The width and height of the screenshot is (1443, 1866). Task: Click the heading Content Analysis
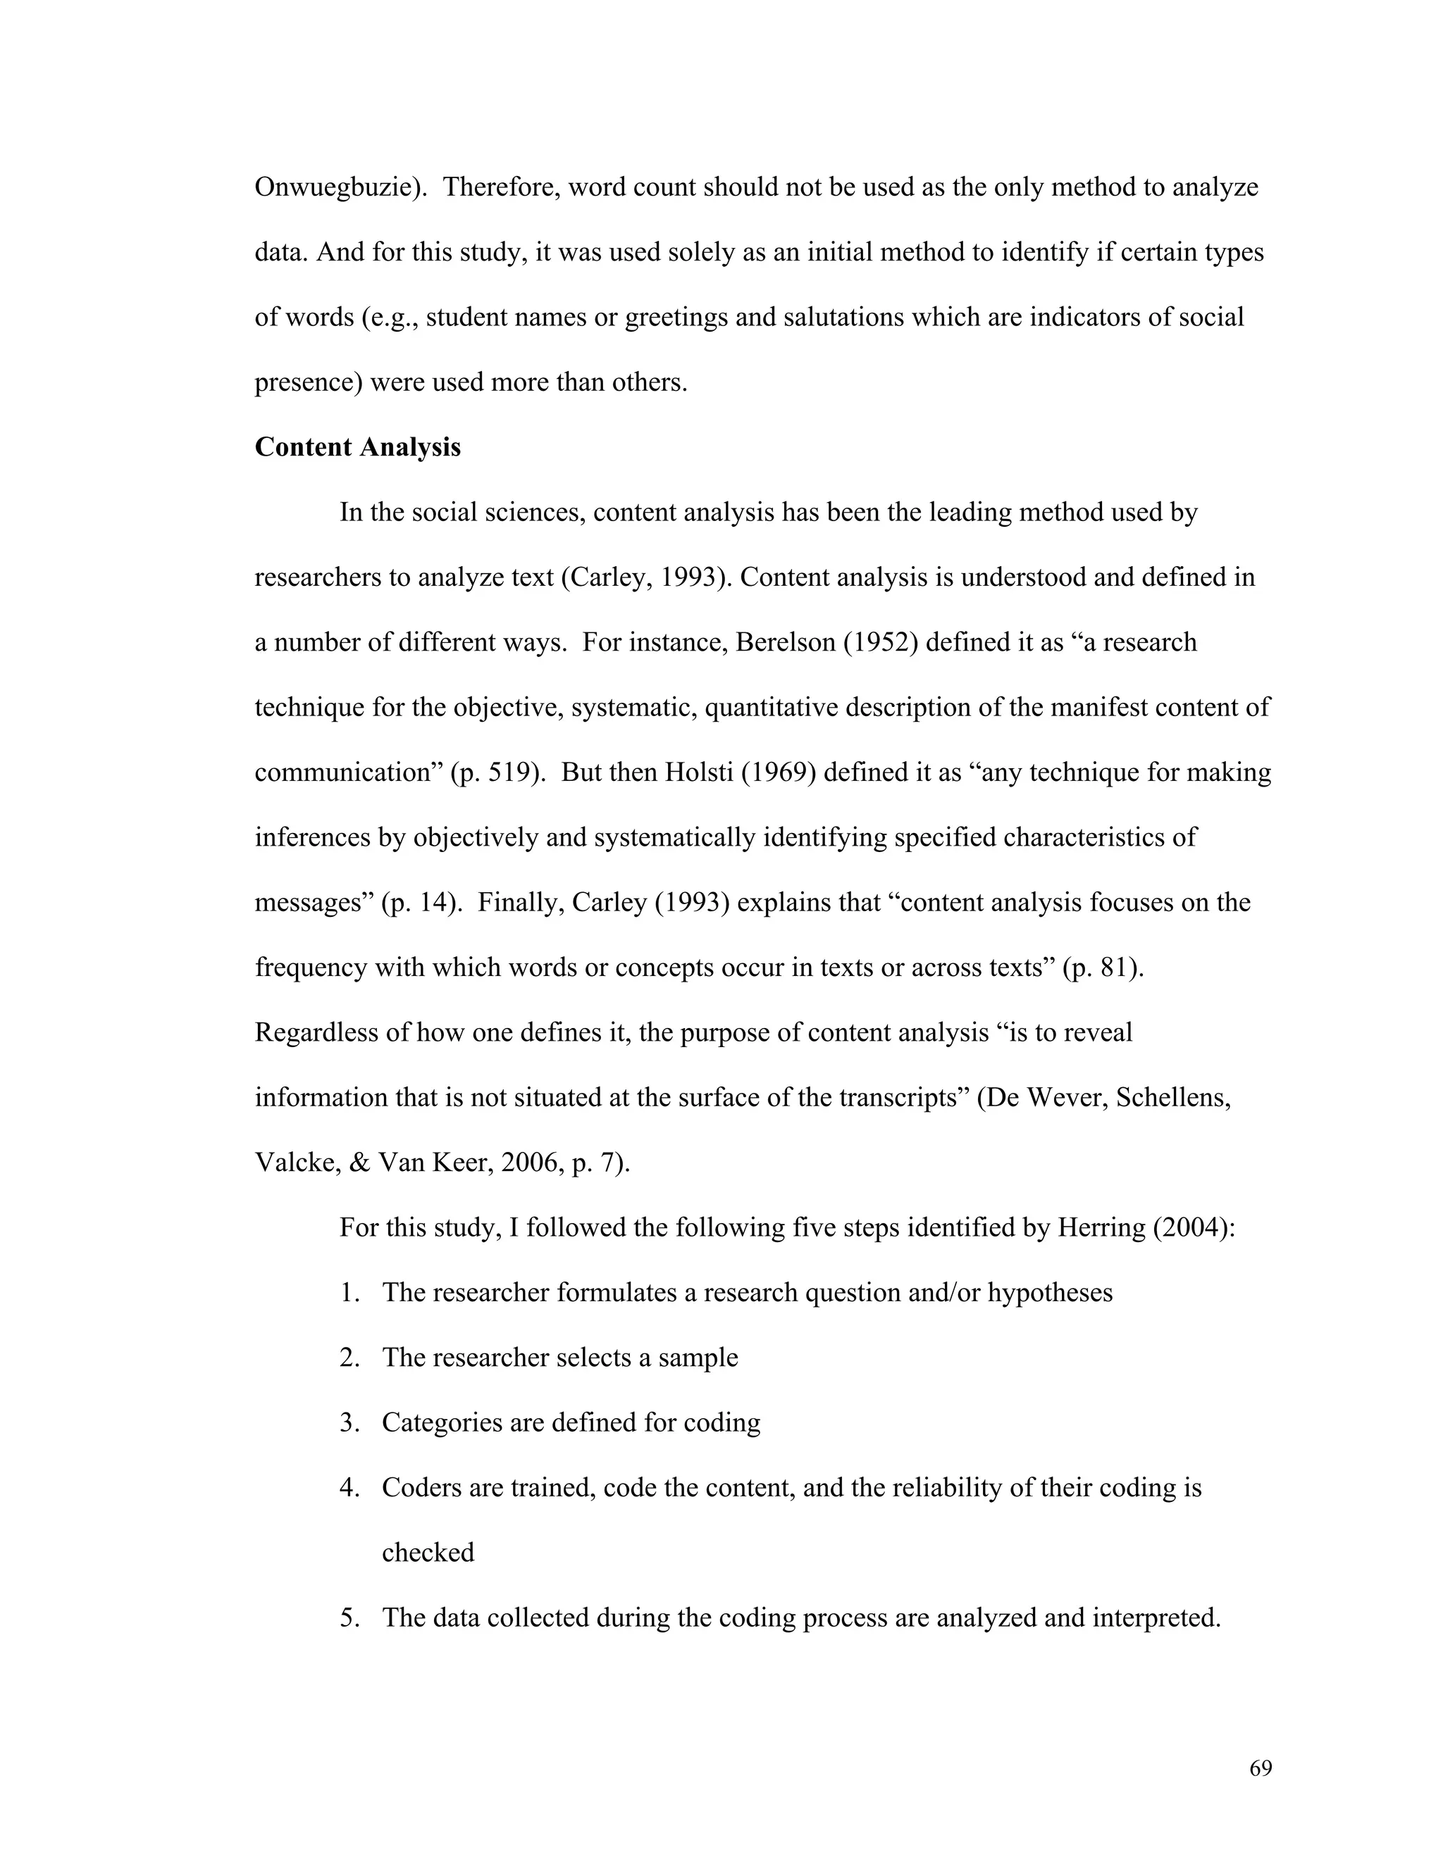(357, 447)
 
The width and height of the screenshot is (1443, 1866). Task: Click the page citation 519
(514, 772)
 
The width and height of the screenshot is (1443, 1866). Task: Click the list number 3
(348, 1422)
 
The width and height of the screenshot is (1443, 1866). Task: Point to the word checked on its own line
(428, 1553)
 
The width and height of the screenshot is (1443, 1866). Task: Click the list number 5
(348, 1617)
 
